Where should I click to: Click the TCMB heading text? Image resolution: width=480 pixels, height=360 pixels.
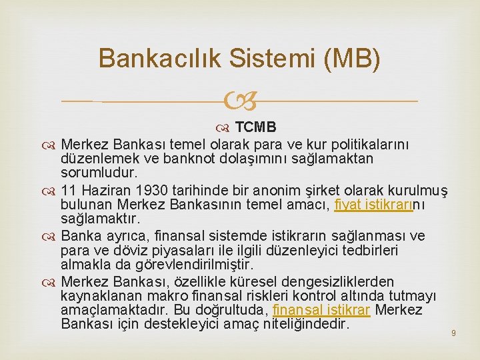256,127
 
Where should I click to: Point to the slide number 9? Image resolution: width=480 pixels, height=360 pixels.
453,332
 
